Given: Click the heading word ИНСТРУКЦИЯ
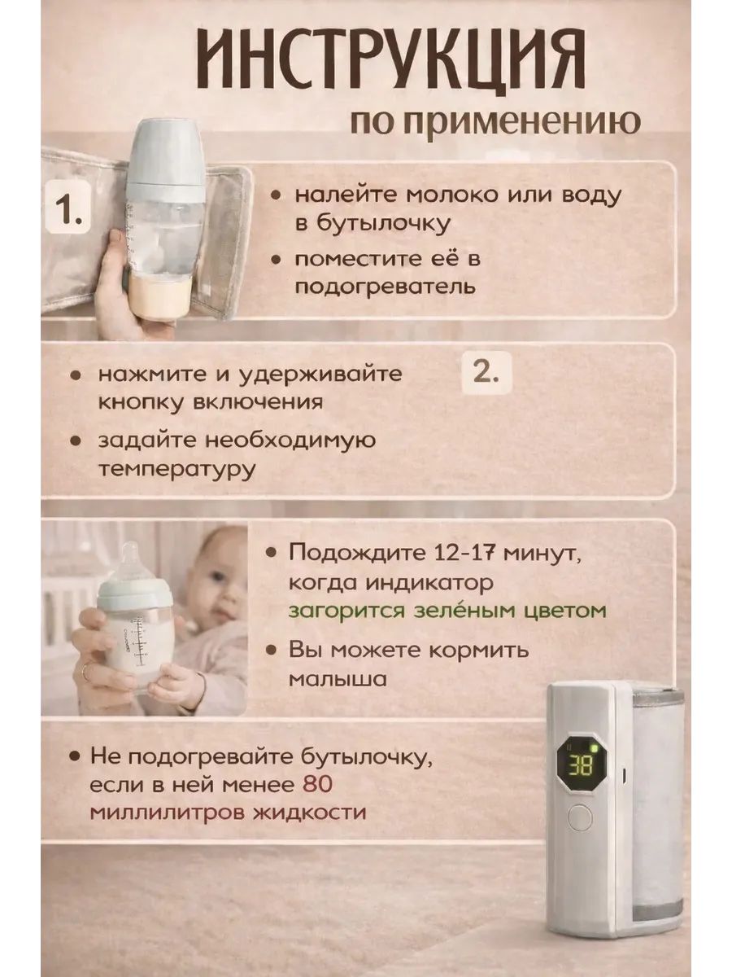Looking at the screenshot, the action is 390,59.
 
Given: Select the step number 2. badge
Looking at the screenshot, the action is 486,373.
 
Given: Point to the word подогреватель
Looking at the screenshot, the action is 385,287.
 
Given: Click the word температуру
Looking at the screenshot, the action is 176,471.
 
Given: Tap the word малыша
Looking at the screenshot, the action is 338,679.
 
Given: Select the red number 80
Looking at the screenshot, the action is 317,784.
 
